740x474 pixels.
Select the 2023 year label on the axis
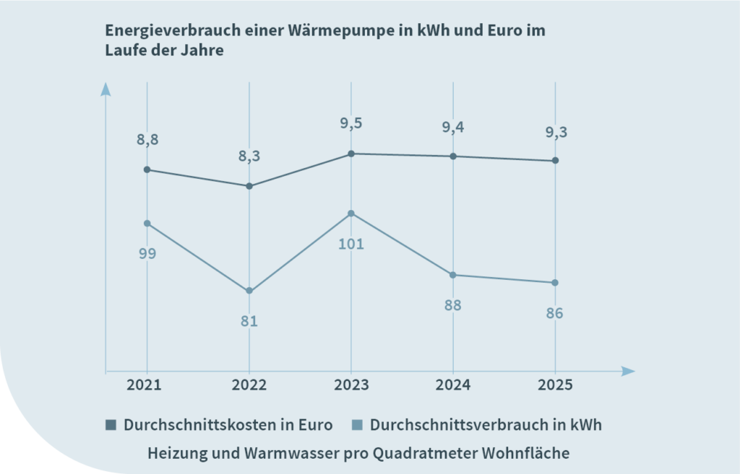click(x=351, y=385)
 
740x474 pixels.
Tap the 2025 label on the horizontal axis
click(x=555, y=385)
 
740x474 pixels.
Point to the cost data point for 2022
click(x=249, y=186)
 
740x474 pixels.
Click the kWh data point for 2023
click(x=351, y=214)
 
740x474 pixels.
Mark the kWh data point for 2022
click(x=249, y=291)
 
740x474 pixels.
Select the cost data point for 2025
click(x=555, y=161)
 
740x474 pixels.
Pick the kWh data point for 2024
click(x=453, y=275)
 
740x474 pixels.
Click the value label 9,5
click(x=351, y=123)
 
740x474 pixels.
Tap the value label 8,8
click(x=147, y=140)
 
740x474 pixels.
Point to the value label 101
click(x=351, y=244)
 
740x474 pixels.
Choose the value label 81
click(x=249, y=322)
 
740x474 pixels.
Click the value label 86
click(x=555, y=314)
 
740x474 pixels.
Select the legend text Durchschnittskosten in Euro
click(x=228, y=425)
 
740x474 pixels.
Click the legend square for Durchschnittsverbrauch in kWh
click(x=357, y=425)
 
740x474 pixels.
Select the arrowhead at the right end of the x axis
click(x=628, y=372)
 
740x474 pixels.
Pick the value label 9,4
click(x=453, y=128)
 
